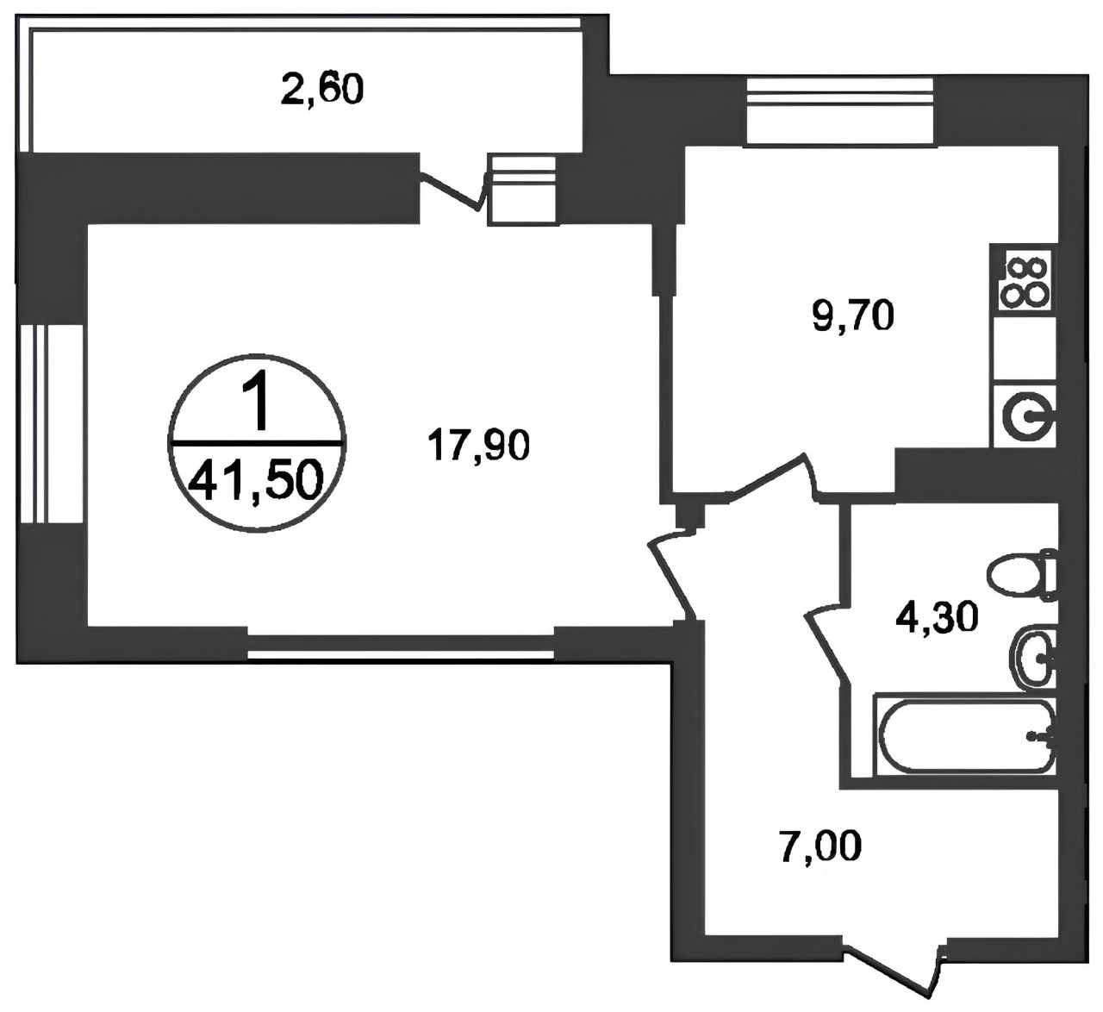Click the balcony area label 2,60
(322, 91)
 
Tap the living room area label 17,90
(479, 447)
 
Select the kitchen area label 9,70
(853, 318)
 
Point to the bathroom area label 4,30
(938, 618)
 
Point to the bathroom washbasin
(1032, 659)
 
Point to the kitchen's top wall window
(839, 112)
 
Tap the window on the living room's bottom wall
(401, 647)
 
